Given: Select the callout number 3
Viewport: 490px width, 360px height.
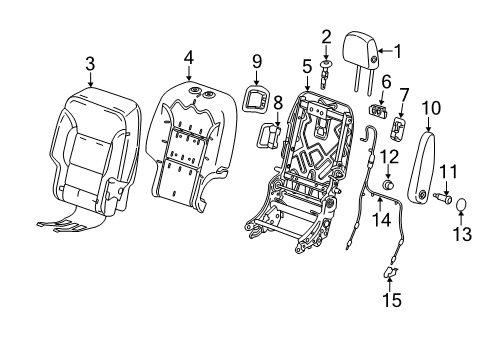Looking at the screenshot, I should click(90, 64).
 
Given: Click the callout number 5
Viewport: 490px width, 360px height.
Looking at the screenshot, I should click(307, 66).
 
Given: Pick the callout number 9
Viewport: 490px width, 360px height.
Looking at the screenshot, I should click(255, 60).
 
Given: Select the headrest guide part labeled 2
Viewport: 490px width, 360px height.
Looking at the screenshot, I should click(327, 71).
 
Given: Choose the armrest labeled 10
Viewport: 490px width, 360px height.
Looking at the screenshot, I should click(427, 160).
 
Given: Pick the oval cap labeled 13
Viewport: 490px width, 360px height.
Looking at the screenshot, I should click(463, 208).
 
